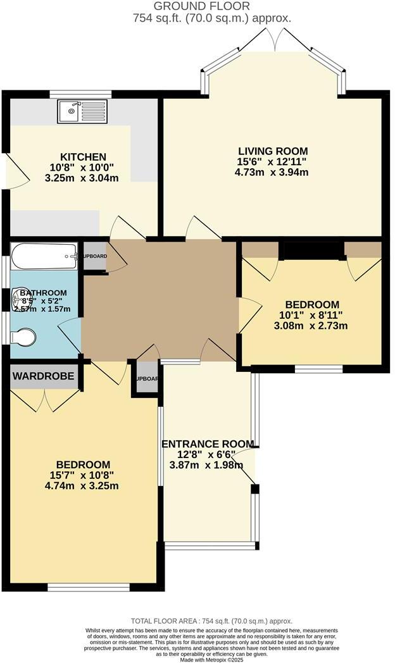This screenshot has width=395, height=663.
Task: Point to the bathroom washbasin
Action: point(17,301)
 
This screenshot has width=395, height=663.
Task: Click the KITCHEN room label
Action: point(83,157)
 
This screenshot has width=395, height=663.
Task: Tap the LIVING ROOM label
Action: point(273,151)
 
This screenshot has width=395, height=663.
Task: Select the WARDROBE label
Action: point(44,376)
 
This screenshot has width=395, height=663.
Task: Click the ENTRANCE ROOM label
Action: point(208,444)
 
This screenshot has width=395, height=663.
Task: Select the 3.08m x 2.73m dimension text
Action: point(311,326)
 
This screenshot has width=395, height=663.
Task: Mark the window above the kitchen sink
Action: point(80,94)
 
